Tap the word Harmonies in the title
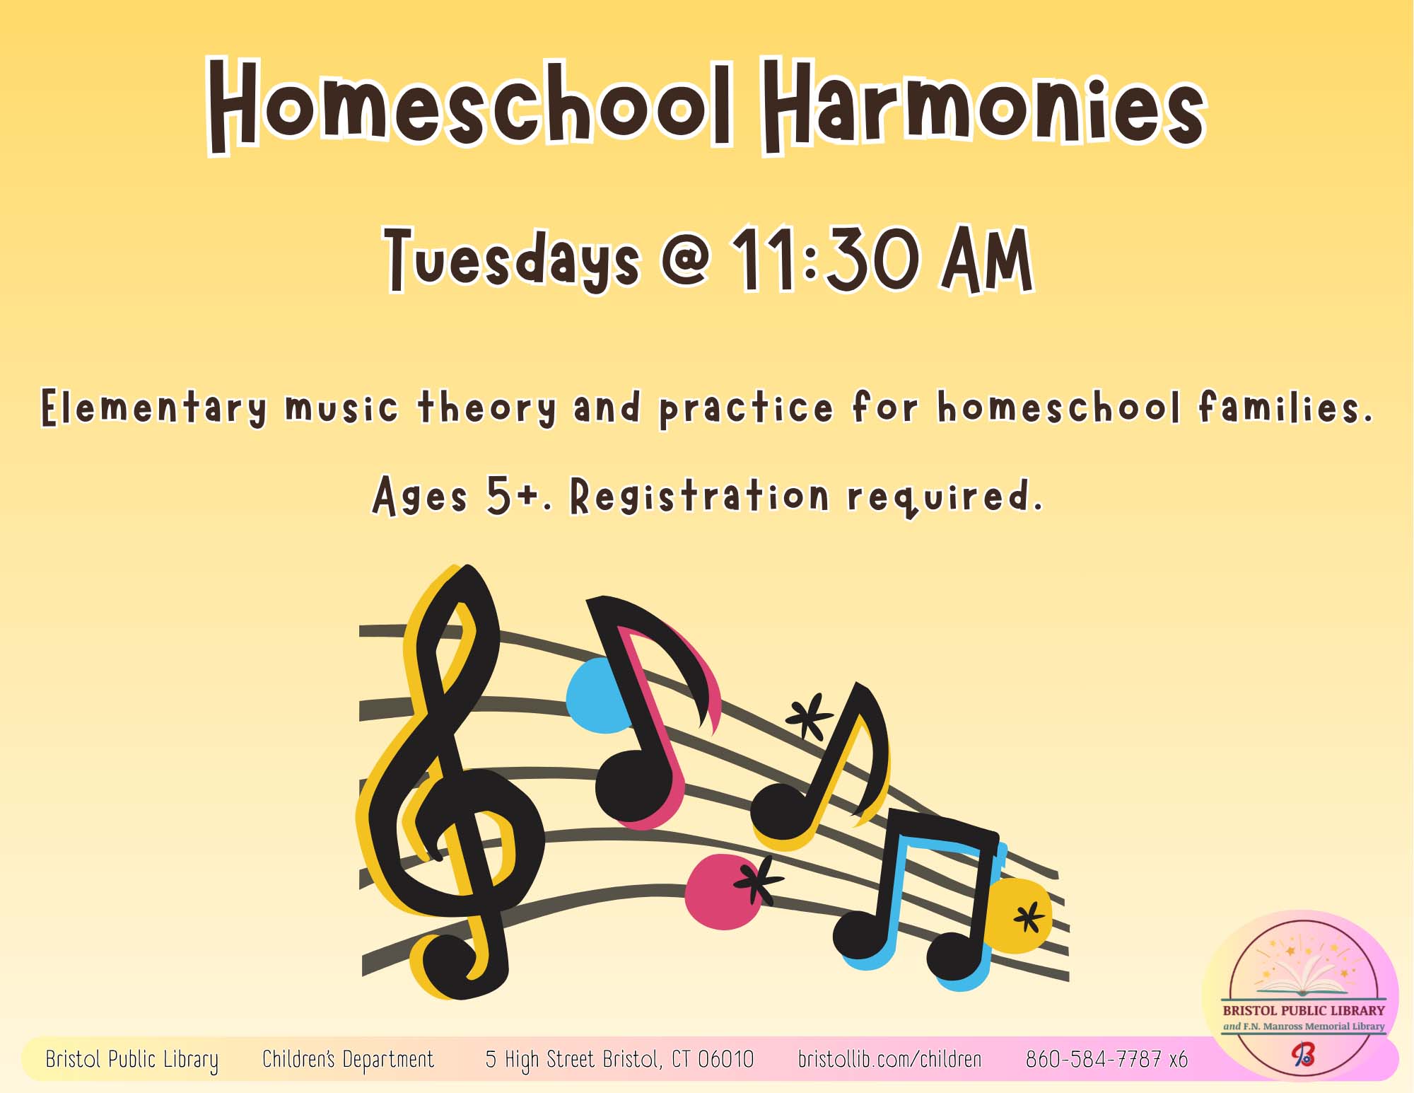click(x=984, y=106)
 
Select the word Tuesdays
click(x=513, y=260)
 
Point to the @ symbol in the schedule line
click(x=685, y=258)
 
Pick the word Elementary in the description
click(x=154, y=409)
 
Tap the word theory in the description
click(x=487, y=409)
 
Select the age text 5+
click(x=510, y=495)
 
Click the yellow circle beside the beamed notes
click(x=1018, y=915)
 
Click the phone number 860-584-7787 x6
click(x=1106, y=1059)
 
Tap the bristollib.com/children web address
click(x=889, y=1059)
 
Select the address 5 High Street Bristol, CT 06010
click(x=619, y=1059)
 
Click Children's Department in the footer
click(x=348, y=1059)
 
